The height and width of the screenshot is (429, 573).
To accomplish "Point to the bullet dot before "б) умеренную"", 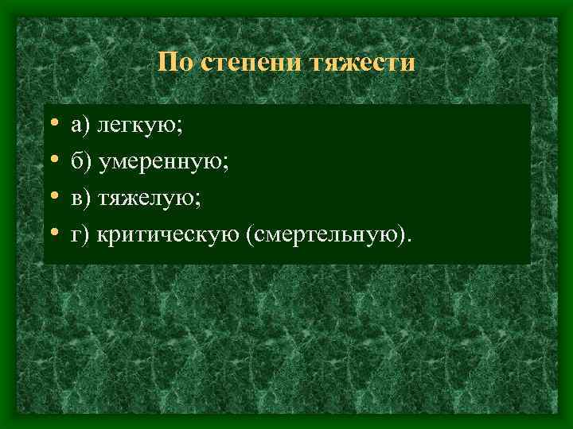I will [52, 161].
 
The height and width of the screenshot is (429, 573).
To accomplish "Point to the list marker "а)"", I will [79, 125].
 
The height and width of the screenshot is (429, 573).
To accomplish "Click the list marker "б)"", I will [80, 161].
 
